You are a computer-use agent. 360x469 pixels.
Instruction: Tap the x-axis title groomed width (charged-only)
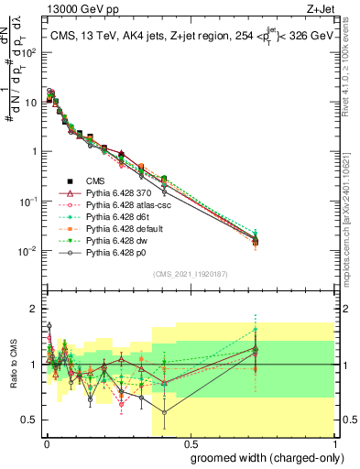[261, 457]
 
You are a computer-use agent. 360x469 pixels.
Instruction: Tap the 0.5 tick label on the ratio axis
[29, 420]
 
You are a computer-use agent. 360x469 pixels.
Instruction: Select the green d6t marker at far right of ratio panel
[256, 329]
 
